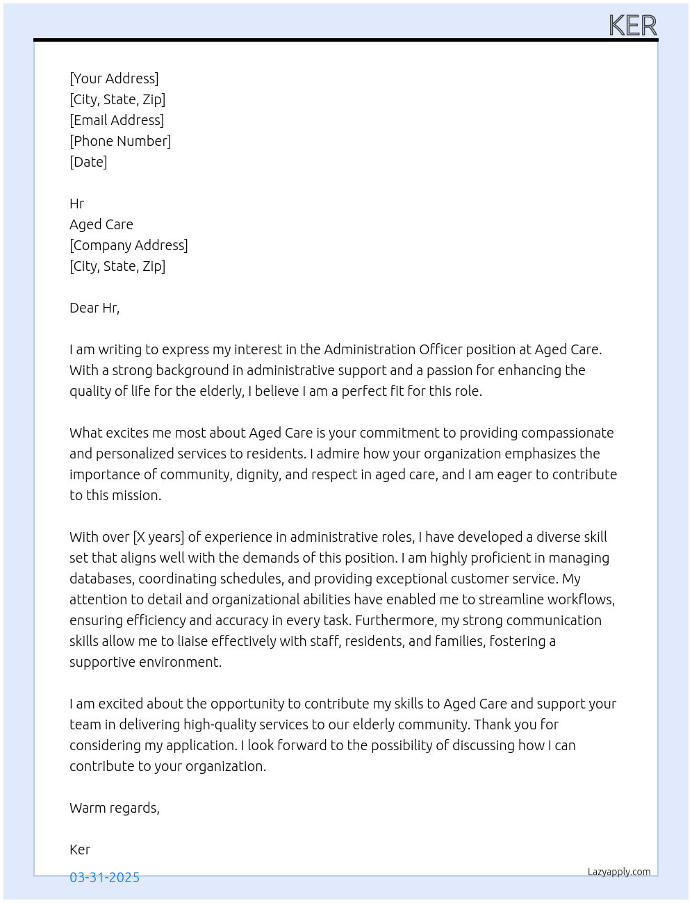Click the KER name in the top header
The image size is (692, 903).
click(x=632, y=26)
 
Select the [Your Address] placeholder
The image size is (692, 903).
click(x=114, y=78)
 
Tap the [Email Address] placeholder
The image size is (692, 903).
click(x=117, y=120)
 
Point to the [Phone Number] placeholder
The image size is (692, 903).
click(x=120, y=141)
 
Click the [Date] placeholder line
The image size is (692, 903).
click(x=88, y=162)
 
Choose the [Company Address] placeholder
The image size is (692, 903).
click(x=129, y=245)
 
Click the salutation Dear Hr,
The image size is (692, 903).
click(x=94, y=308)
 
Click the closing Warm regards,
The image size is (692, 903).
click(x=115, y=808)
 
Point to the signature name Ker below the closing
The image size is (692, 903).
click(x=80, y=850)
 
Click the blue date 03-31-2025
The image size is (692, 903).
click(x=104, y=877)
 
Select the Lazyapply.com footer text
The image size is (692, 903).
click(x=619, y=872)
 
